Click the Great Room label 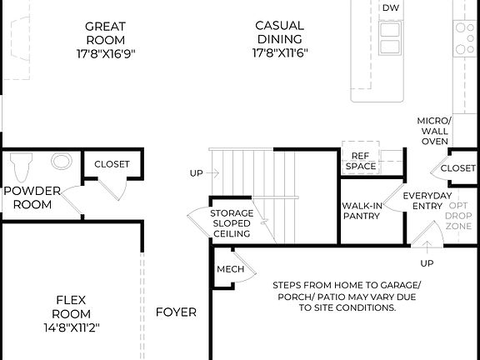(x=105, y=32)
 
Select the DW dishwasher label (x=389, y=7)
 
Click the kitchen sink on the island (x=389, y=38)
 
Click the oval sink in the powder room (x=62, y=161)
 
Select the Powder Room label (x=32, y=197)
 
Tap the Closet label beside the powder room (x=112, y=164)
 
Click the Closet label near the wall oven (x=458, y=168)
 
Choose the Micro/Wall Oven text (x=433, y=131)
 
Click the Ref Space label (x=361, y=161)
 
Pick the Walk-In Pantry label (x=361, y=211)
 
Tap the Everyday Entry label (x=427, y=201)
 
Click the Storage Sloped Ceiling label (x=231, y=223)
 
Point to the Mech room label (x=230, y=269)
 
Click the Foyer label (x=177, y=312)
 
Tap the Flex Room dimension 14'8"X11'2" (x=72, y=327)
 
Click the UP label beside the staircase (x=196, y=173)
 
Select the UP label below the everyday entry (x=427, y=263)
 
